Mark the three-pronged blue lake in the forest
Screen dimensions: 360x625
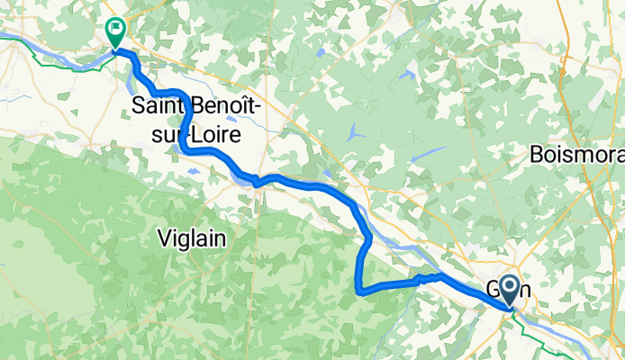pos(356,130)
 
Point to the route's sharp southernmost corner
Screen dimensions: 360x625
pos(360,292)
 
